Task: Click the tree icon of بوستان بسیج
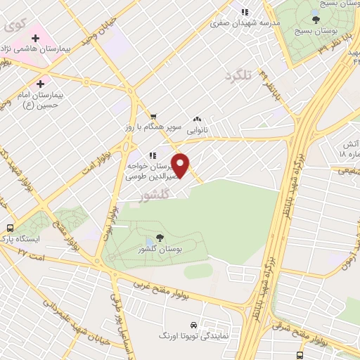316,20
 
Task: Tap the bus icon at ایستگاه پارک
11,228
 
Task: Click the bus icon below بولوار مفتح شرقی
300,355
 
